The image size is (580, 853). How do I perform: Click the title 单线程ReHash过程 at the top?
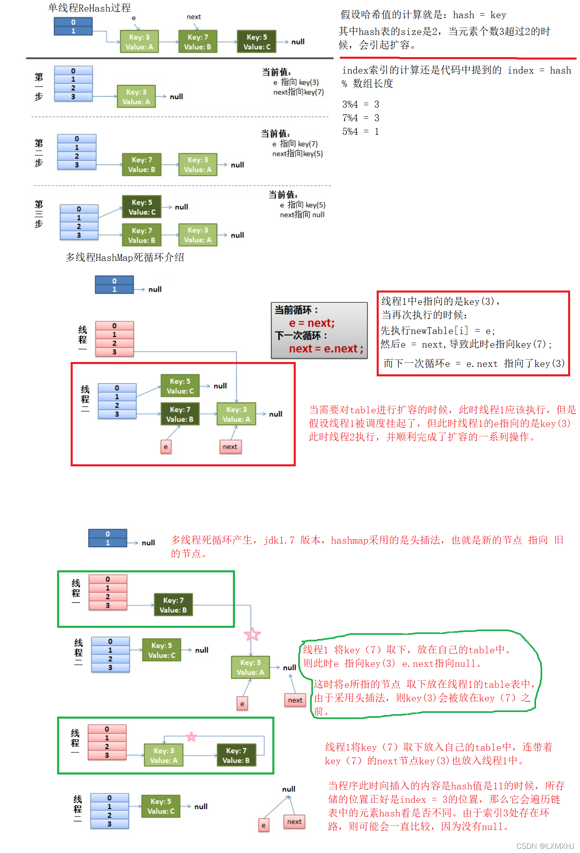(x=89, y=8)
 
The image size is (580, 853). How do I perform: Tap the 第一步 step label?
(x=39, y=87)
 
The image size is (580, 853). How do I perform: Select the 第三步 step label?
(x=39, y=214)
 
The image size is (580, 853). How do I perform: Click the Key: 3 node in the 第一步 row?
(x=136, y=97)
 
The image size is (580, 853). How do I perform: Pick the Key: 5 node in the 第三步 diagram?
(x=142, y=207)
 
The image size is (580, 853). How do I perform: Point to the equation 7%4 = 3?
(x=360, y=118)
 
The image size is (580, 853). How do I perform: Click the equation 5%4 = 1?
(x=360, y=131)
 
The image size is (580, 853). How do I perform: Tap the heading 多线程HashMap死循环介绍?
(x=124, y=258)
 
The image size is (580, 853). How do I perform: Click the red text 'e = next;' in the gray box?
(x=312, y=323)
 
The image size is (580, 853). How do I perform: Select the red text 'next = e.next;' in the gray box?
(x=326, y=349)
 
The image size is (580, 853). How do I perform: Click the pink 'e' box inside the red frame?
(x=166, y=447)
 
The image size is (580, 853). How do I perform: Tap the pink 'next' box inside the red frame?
(x=230, y=447)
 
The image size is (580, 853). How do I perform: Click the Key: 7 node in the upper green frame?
(x=173, y=605)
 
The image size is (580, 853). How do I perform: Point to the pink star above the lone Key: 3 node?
(x=252, y=634)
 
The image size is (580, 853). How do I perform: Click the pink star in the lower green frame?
(x=191, y=737)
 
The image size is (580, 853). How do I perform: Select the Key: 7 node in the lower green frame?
(x=236, y=755)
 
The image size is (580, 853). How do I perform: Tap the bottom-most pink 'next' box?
(x=294, y=822)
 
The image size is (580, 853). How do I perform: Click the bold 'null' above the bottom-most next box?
(x=289, y=789)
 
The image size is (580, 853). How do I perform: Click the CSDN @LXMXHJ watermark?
(x=545, y=846)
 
